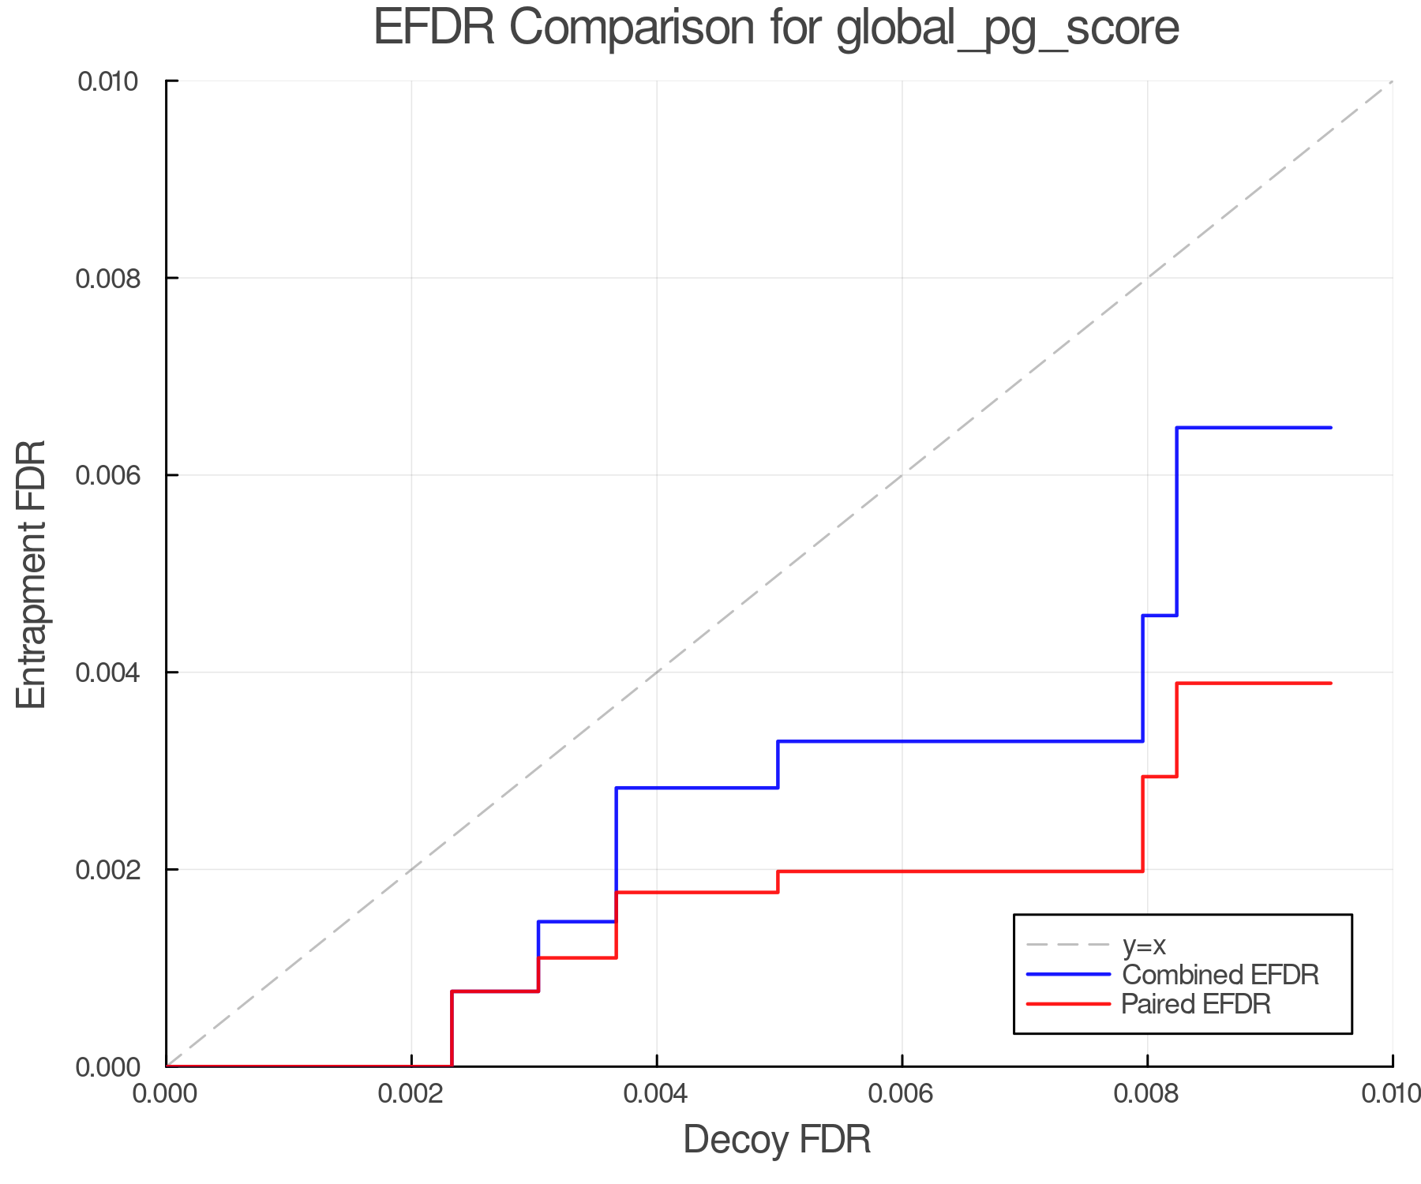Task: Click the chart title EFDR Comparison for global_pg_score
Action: click(776, 28)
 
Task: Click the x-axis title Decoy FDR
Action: click(777, 1140)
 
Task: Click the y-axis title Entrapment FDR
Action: click(32, 574)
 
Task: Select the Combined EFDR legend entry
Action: click(1220, 975)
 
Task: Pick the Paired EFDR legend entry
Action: click(1195, 1004)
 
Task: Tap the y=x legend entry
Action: click(1144, 945)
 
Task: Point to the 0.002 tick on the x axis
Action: click(411, 1094)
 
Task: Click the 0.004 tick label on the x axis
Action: click(657, 1094)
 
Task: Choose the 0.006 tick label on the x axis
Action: click(902, 1094)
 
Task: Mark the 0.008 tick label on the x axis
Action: click(1147, 1094)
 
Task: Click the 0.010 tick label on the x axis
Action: click(1391, 1094)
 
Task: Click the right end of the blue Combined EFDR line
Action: click(1331, 428)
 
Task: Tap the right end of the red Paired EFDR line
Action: click(1331, 684)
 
